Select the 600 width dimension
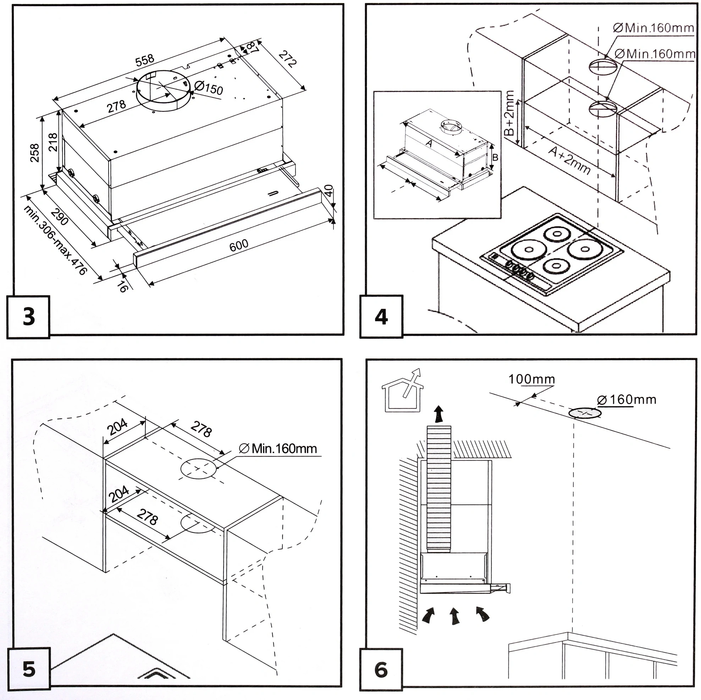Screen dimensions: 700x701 (x=239, y=245)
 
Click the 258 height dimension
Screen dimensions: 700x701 (x=34, y=153)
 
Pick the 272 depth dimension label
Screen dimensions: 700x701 (x=288, y=59)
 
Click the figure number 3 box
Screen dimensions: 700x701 (x=28, y=317)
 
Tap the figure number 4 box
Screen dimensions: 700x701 (x=381, y=317)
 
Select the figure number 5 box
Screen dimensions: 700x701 (x=29, y=669)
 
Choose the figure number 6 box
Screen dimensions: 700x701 (x=381, y=670)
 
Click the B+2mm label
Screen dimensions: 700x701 (x=509, y=113)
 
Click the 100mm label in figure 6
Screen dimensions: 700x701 (x=531, y=379)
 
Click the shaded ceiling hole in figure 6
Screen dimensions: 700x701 (x=585, y=413)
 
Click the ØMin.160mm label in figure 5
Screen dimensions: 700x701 (x=278, y=449)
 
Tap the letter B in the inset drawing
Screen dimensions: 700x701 (x=495, y=157)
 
